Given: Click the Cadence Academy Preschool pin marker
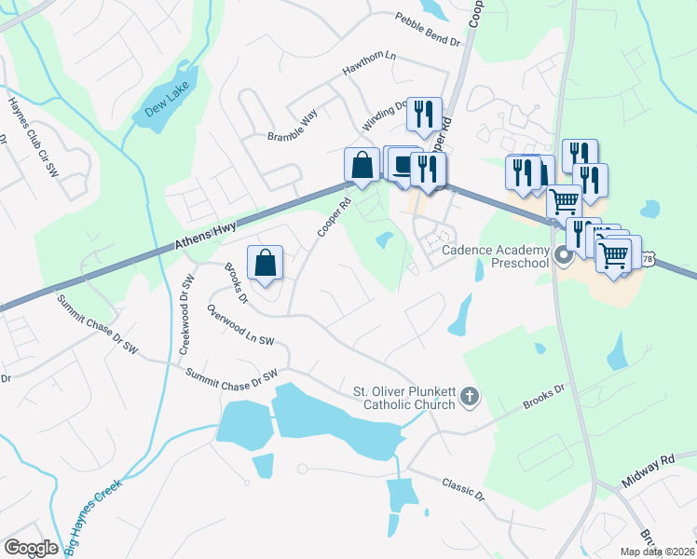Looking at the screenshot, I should pos(563,255).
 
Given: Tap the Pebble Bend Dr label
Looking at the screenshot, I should pos(428,29).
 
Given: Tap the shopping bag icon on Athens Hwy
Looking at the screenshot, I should pos(362,166).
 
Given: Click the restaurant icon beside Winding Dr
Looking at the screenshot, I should pos(424,114).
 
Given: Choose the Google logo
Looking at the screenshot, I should pos(31,547).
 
